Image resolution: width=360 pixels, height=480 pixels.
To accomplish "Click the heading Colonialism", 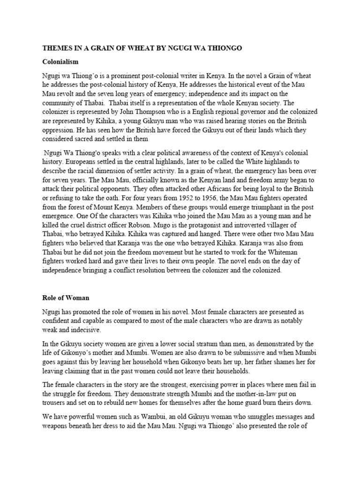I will tap(60, 61).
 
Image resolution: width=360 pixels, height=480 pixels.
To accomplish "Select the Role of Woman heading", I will tap(66, 298).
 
